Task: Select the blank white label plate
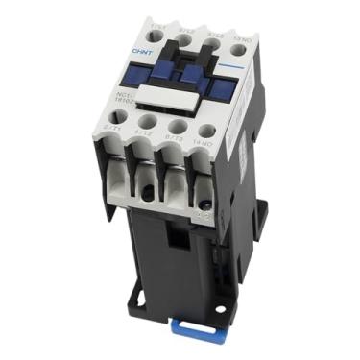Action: [x=169, y=95]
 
